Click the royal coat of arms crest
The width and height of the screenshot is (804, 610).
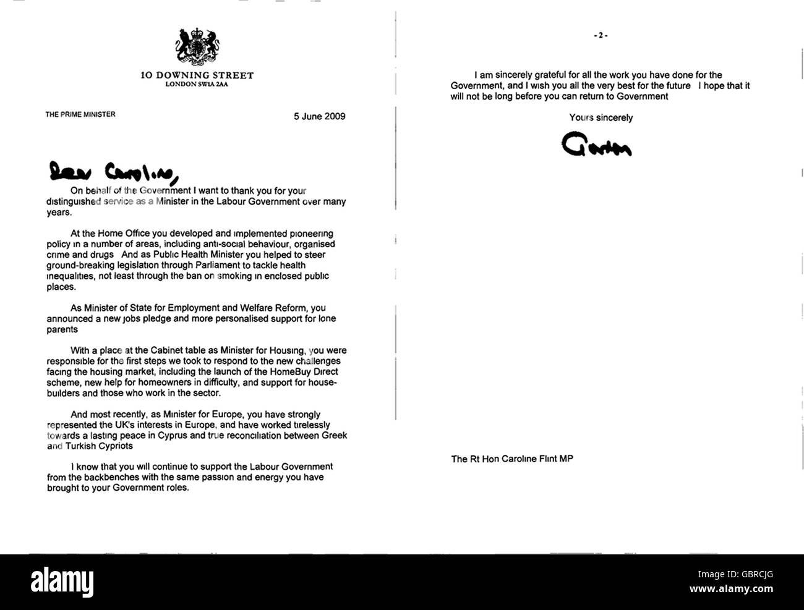pyautogui.click(x=197, y=47)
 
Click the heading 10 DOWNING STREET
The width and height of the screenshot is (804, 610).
pyautogui.click(x=197, y=75)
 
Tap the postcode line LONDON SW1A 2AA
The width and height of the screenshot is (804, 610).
pyautogui.click(x=197, y=84)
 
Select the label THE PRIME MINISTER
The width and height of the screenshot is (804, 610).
pyautogui.click(x=80, y=114)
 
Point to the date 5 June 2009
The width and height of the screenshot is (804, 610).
pyautogui.click(x=319, y=116)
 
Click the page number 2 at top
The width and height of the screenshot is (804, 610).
pyautogui.click(x=601, y=36)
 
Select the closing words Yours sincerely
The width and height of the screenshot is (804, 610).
pyautogui.click(x=601, y=117)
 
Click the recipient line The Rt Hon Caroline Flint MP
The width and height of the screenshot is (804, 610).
pyautogui.click(x=511, y=459)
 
